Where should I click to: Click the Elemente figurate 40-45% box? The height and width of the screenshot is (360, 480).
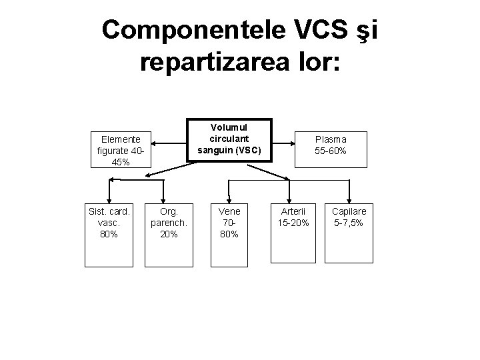pos(121,151)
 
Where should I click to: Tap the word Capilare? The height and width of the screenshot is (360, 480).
pos(349,212)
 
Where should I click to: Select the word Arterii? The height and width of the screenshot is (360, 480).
pos(293,212)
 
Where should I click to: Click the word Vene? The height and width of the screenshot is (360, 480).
pos(229,212)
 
